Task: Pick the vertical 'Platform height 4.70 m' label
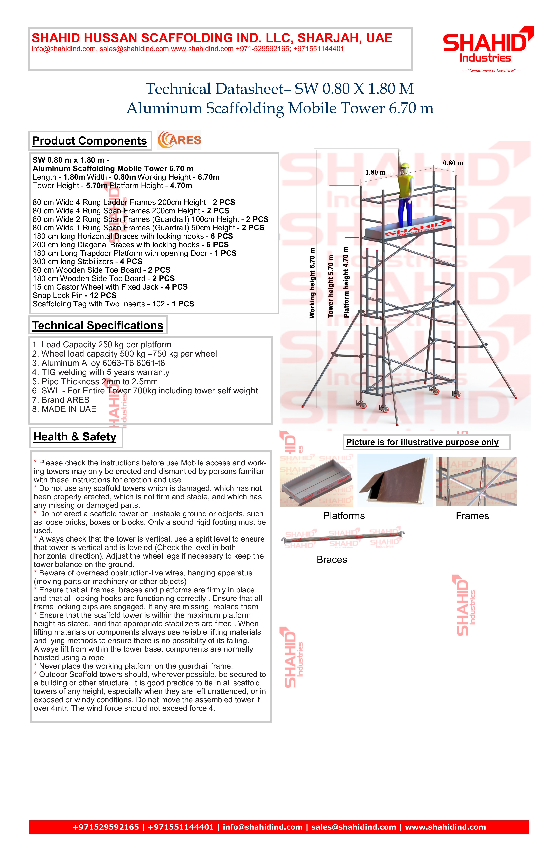346,282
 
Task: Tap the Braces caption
332,559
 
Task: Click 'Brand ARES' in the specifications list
61,400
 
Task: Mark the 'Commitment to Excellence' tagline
491,71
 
